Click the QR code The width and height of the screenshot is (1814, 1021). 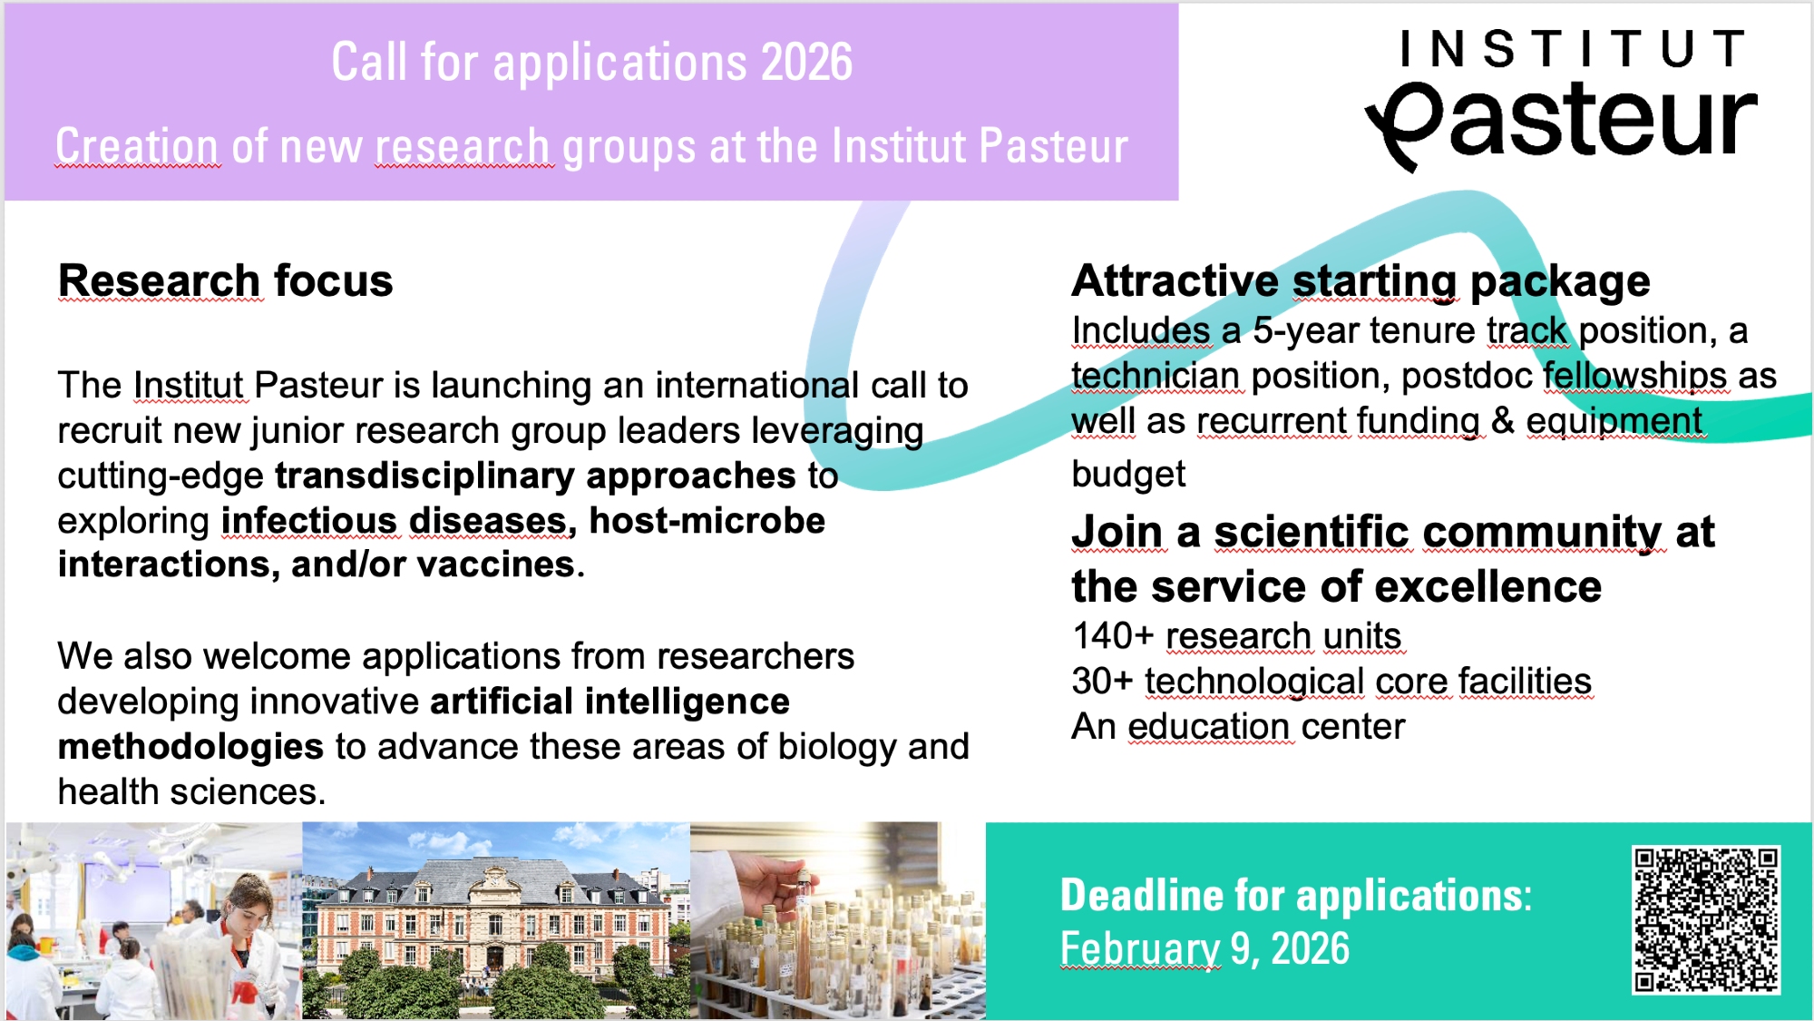point(1706,919)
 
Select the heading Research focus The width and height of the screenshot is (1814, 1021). point(226,280)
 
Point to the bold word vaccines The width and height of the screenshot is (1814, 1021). point(496,564)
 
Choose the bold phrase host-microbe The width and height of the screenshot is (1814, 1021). point(707,521)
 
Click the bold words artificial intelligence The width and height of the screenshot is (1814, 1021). point(610,702)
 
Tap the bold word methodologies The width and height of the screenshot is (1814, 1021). point(190,747)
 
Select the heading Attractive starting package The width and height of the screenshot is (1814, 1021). point(1360,281)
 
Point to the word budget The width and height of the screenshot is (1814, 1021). point(1128,475)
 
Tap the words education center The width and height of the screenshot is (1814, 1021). point(1266,727)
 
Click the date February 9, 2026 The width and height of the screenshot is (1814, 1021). point(1205,949)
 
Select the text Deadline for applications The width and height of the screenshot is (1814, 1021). point(1296,896)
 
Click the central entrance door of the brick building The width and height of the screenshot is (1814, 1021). point(495,958)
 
